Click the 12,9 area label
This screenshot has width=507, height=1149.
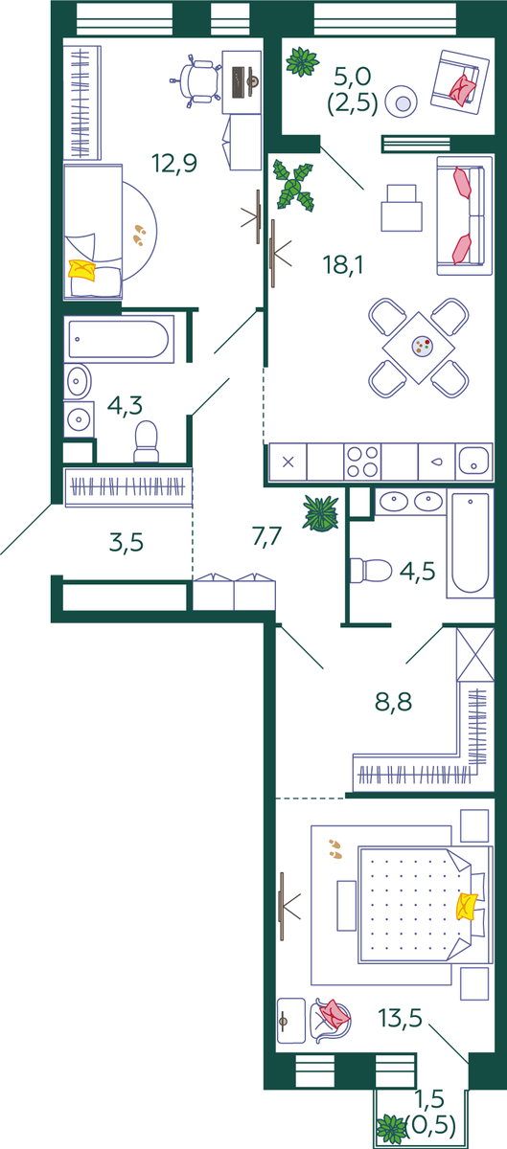(x=174, y=163)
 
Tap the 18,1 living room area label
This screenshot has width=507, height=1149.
(x=343, y=264)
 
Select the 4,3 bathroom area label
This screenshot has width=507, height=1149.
(x=125, y=405)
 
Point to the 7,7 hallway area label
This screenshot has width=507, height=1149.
(x=267, y=537)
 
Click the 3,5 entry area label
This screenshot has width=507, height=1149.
(x=127, y=542)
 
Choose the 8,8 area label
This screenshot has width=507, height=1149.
(x=394, y=702)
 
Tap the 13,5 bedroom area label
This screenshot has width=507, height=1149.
(x=401, y=1017)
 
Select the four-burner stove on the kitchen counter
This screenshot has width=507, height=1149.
(x=362, y=462)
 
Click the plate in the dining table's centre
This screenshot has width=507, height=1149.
(x=423, y=346)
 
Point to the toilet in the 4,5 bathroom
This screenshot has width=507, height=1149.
(x=370, y=571)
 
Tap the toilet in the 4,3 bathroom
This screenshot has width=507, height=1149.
(x=147, y=441)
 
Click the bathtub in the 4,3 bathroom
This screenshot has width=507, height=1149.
(x=119, y=339)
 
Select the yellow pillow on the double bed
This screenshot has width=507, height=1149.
(x=467, y=907)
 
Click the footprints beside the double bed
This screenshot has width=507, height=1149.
(x=336, y=848)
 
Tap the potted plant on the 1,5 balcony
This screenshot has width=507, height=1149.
(x=392, y=1128)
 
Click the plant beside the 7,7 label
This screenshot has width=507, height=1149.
(x=321, y=513)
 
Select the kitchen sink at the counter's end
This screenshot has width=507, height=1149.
(x=474, y=462)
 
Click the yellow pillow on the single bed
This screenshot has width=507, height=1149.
(x=82, y=270)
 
